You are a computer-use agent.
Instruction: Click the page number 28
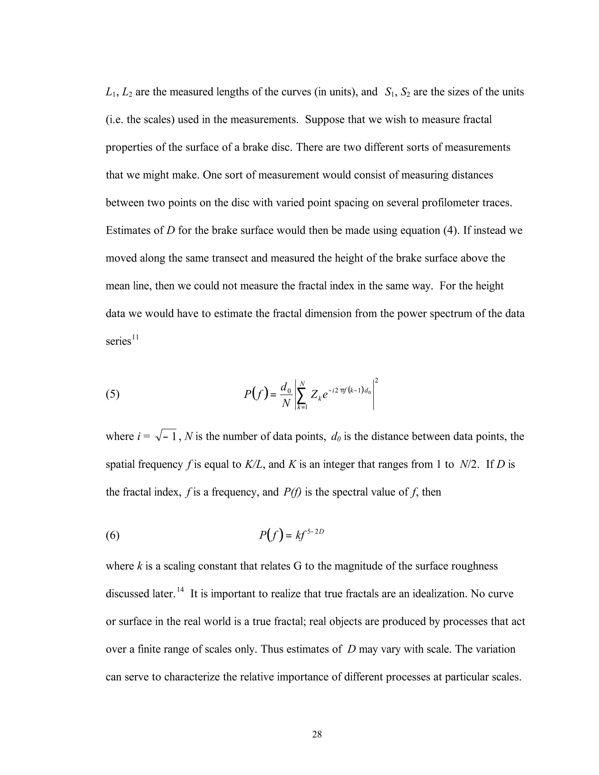pyautogui.click(x=316, y=734)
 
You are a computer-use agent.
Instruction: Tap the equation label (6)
pyautogui.click(x=113, y=535)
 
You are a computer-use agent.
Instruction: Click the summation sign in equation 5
pyautogui.click(x=302, y=395)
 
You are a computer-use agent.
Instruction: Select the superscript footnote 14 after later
pyautogui.click(x=180, y=589)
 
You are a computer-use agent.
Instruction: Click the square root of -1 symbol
pyautogui.click(x=166, y=436)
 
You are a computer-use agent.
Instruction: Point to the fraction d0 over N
pyautogui.click(x=286, y=395)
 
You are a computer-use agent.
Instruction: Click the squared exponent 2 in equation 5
pyautogui.click(x=376, y=380)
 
